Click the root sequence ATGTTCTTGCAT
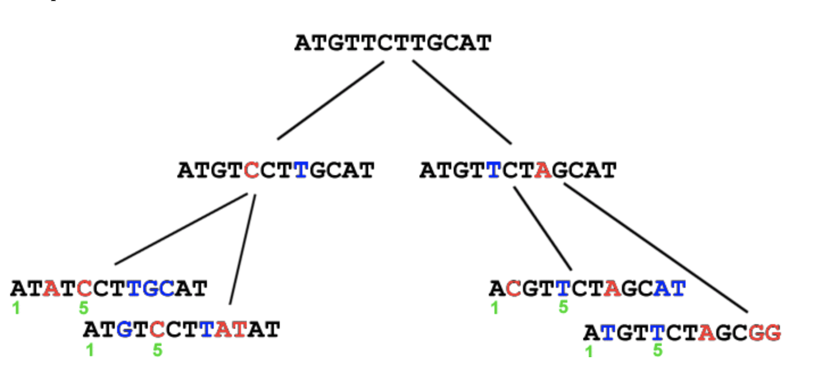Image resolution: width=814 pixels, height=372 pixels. tap(393, 43)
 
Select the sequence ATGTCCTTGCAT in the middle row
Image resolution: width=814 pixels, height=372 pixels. tap(276, 170)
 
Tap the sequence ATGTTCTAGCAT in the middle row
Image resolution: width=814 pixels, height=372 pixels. tap(518, 170)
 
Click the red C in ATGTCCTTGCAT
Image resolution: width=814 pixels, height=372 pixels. tap(251, 170)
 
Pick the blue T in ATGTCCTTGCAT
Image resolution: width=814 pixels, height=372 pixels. tap(301, 170)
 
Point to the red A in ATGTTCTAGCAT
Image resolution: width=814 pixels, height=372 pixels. tap(543, 170)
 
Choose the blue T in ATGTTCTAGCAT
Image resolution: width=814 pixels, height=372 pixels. tap(494, 170)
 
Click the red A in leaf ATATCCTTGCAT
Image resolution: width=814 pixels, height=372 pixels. tap(52, 289)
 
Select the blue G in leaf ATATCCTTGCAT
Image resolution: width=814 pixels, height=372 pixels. tap(151, 289)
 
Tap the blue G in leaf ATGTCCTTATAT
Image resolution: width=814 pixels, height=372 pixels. tap(124, 329)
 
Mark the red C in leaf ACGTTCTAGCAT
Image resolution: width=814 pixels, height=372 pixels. tap(513, 289)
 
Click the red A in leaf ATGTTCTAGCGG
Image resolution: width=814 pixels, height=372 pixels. tap(707, 333)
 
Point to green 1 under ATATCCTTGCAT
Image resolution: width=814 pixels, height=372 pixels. tap(15, 308)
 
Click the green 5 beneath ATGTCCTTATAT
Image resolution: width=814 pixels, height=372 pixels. tap(157, 350)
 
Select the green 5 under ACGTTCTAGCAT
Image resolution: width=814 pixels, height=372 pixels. tap(563, 307)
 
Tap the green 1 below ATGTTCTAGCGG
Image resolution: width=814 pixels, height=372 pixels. tap(589, 352)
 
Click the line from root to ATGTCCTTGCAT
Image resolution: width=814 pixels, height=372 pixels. tap(331, 100)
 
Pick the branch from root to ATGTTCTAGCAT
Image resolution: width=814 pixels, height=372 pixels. tap(462, 102)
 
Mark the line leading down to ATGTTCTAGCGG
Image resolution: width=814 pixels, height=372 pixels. tap(655, 248)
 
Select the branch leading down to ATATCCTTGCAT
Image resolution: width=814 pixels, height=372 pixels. tap(181, 229)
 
